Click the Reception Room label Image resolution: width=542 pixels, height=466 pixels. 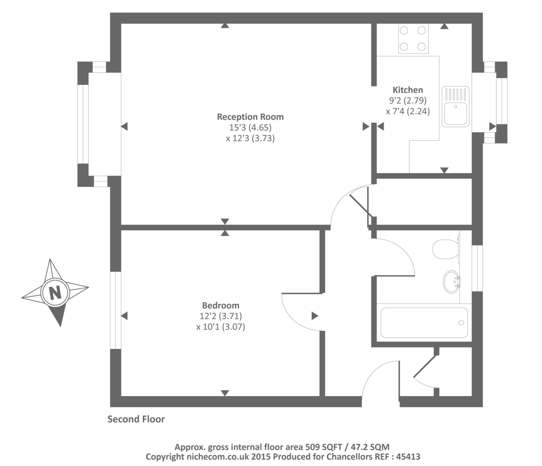[x=250, y=117]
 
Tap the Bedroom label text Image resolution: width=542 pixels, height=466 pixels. [x=220, y=306]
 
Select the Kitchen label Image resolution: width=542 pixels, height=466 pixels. [x=408, y=90]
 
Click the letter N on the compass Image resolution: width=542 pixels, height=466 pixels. [x=56, y=292]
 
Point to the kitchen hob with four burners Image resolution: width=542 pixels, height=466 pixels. [x=413, y=38]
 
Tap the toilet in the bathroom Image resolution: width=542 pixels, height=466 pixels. [x=446, y=249]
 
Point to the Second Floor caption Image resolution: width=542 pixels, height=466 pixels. [x=136, y=419]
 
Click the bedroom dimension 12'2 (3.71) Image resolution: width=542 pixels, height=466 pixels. [x=221, y=316]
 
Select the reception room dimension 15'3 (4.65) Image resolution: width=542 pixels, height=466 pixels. [x=250, y=127]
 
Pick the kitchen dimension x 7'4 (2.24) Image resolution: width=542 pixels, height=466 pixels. [x=408, y=111]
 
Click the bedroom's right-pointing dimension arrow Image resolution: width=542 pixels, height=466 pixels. [x=315, y=316]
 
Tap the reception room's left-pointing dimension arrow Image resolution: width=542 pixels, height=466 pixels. [x=124, y=127]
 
